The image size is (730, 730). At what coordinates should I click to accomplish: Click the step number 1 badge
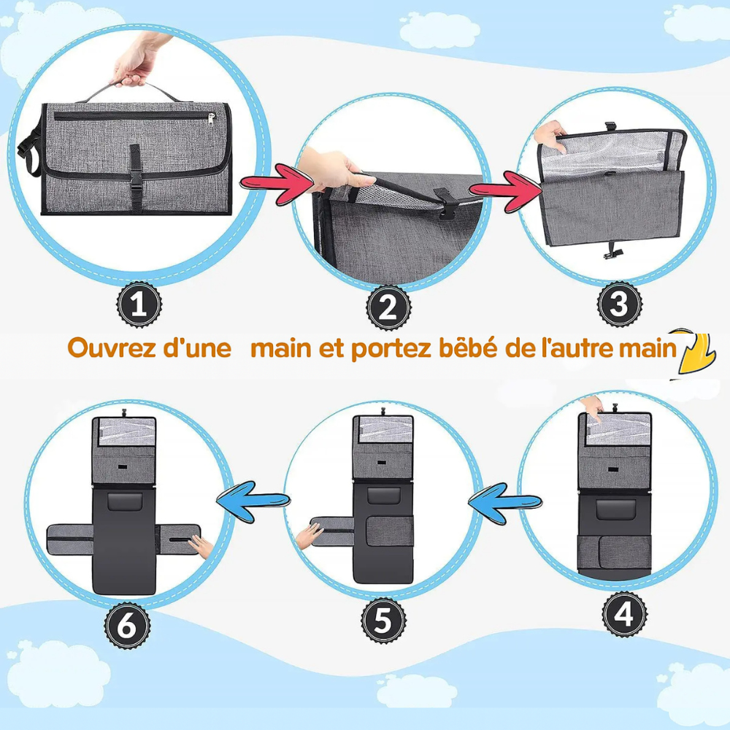pyautogui.click(x=139, y=305)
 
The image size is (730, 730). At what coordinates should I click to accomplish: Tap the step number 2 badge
pyautogui.click(x=388, y=308)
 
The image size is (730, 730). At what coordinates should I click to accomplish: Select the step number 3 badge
pyautogui.click(x=620, y=304)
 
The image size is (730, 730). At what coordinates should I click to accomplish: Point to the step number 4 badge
pyautogui.click(x=624, y=614)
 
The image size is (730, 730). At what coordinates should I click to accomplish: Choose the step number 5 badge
pyautogui.click(x=384, y=620)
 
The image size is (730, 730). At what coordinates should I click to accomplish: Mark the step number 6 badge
pyautogui.click(x=127, y=626)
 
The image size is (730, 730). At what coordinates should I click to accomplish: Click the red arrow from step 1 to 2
pyautogui.click(x=277, y=184)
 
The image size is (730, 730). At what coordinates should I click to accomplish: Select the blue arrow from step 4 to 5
pyautogui.click(x=504, y=502)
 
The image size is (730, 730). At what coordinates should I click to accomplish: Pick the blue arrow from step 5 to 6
pyautogui.click(x=253, y=501)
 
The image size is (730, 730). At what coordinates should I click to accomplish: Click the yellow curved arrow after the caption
pyautogui.click(x=695, y=353)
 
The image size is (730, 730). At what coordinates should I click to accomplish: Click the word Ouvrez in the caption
pyautogui.click(x=111, y=347)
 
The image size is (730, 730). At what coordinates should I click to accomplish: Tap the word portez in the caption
pyautogui.click(x=391, y=349)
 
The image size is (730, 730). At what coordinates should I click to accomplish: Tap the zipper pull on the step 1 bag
pyautogui.click(x=212, y=120)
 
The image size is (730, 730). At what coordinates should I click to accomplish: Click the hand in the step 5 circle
pyautogui.click(x=309, y=535)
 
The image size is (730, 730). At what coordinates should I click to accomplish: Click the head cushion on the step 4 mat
pyautogui.click(x=615, y=510)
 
